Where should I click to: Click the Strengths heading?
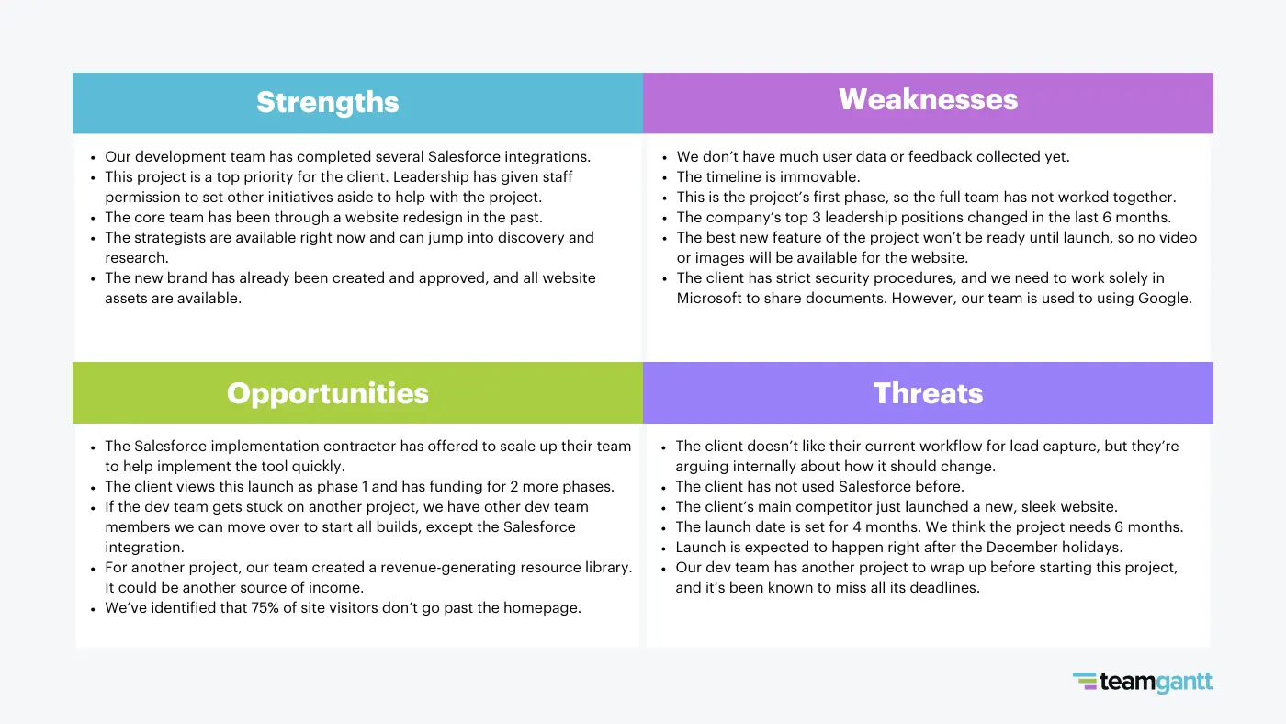tap(327, 102)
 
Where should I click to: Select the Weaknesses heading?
tap(928, 99)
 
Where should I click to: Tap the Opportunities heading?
tap(327, 393)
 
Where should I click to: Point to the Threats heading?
tap(928, 393)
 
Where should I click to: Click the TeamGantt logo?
tap(1143, 681)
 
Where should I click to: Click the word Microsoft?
tap(712, 298)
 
